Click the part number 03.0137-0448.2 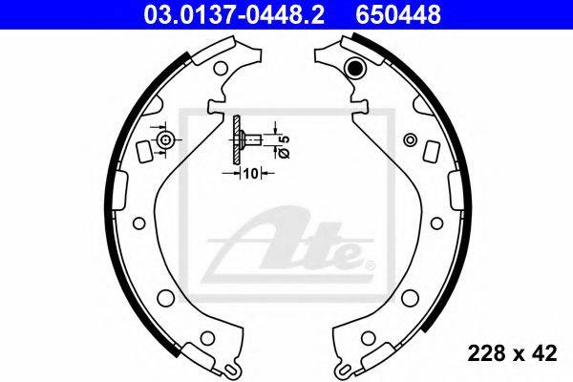pos(234,14)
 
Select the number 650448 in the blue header pos(398,14)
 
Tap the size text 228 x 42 pos(512,353)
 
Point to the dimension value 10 pos(251,173)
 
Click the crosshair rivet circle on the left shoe pos(165,140)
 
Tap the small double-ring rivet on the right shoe pos(410,139)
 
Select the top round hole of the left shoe pos(221,68)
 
